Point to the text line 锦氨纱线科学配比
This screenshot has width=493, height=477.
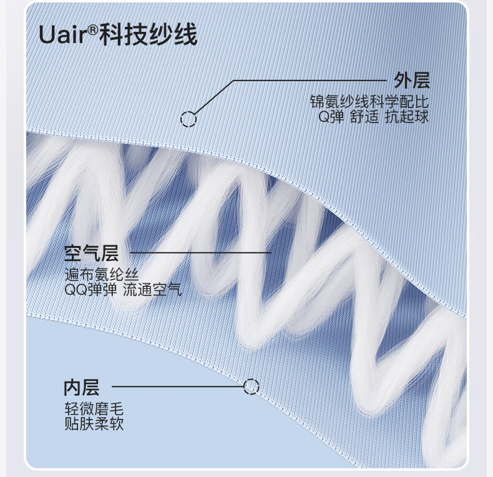point(370,102)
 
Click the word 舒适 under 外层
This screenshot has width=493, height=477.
point(364,117)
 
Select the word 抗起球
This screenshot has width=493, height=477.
point(407,117)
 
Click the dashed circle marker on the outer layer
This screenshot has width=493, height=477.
point(188,119)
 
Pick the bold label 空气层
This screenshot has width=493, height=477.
point(91,253)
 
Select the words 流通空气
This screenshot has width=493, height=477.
point(152,290)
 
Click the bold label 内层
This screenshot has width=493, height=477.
point(81,388)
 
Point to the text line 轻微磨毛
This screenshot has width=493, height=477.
point(94,410)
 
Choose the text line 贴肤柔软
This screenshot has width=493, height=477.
point(94,425)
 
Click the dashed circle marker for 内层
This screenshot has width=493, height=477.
point(251,387)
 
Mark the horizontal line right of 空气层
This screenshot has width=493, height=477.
point(200,253)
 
